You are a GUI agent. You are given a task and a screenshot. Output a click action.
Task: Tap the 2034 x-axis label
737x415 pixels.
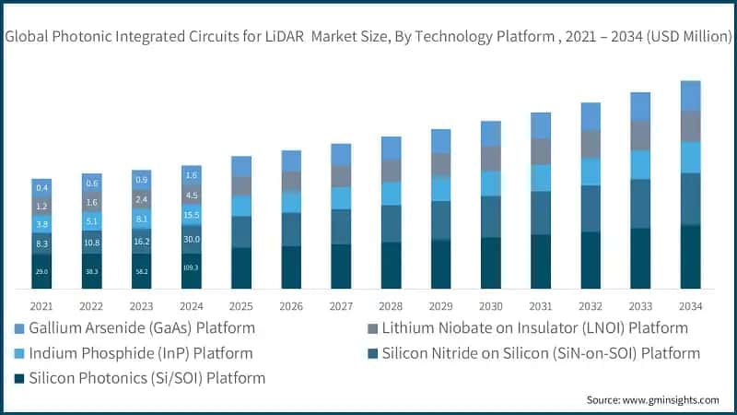[691, 305]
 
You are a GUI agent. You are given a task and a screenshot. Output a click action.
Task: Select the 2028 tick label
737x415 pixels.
[391, 305]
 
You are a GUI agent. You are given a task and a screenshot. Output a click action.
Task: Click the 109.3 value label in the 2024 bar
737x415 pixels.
[192, 267]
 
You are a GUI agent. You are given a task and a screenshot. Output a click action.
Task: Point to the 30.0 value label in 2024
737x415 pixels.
[192, 239]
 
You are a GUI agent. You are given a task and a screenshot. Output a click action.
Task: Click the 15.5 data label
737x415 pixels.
[192, 215]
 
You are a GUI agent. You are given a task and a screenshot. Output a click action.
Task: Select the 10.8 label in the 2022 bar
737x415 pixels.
[92, 243]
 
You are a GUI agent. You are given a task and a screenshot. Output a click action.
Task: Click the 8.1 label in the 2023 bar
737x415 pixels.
[142, 219]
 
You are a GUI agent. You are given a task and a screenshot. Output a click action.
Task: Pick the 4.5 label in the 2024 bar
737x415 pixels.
[192, 195]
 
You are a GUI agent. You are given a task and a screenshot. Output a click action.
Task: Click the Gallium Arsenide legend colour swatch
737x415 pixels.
[19, 328]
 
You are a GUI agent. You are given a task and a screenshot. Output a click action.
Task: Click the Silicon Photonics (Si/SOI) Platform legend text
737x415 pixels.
[147, 378]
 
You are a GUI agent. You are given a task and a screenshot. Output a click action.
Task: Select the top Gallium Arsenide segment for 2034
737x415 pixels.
[691, 96]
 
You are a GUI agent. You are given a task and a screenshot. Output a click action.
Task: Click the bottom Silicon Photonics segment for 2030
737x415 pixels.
[491, 263]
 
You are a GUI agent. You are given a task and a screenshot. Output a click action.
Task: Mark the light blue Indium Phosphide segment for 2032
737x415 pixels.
[591, 172]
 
